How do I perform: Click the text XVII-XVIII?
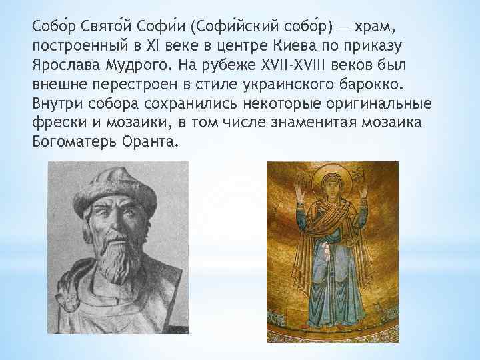click(x=315, y=67)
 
